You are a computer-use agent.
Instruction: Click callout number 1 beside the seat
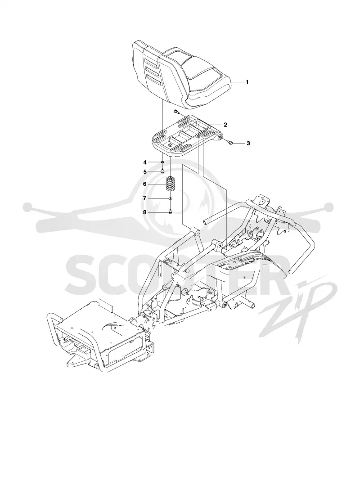click(x=247, y=82)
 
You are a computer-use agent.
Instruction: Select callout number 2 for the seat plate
click(x=225, y=125)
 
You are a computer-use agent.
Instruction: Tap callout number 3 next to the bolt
click(x=248, y=143)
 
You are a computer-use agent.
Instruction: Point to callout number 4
click(x=145, y=162)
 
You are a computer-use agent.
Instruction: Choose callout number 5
click(x=145, y=171)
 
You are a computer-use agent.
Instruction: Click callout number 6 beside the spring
click(x=145, y=184)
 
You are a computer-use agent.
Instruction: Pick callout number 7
click(x=145, y=198)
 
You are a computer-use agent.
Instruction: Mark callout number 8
click(x=145, y=212)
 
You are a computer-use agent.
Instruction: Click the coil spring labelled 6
click(x=170, y=184)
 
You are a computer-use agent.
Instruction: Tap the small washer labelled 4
click(x=162, y=162)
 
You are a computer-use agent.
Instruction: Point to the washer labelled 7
click(x=170, y=199)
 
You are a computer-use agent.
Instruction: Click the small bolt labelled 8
click(x=170, y=211)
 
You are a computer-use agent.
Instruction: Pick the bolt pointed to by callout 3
click(x=231, y=142)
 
